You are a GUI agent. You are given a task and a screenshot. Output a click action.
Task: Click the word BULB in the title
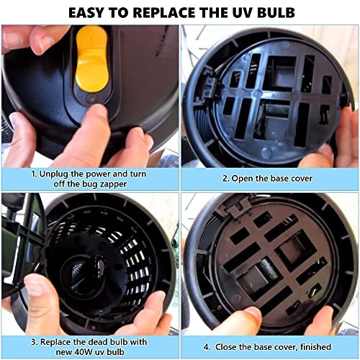coord(271,13)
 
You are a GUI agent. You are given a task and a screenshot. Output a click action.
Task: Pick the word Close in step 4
coord(226,345)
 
